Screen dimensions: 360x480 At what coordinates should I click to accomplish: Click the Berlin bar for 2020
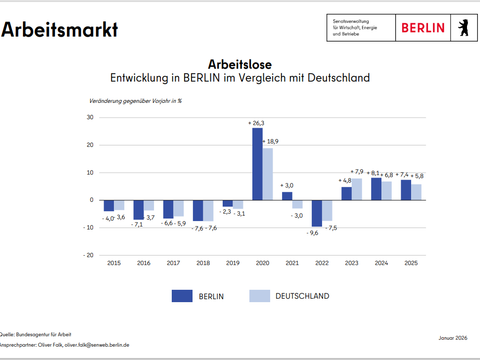(258, 164)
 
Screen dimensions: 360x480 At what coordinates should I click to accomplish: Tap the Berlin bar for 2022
(316, 213)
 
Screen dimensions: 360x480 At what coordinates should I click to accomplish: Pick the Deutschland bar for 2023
(357, 189)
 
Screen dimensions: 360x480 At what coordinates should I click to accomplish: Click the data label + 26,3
(256, 123)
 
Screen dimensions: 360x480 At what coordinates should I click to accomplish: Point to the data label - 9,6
(313, 232)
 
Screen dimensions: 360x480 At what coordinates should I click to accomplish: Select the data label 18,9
(272, 142)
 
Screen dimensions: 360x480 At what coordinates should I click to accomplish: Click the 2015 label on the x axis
(114, 262)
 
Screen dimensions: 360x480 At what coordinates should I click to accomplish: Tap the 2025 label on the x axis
(410, 262)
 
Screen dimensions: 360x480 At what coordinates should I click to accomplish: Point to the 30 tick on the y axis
(90, 118)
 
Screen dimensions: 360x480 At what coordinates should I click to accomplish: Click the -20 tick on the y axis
(88, 254)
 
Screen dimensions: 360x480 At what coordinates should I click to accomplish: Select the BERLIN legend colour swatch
(182, 295)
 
